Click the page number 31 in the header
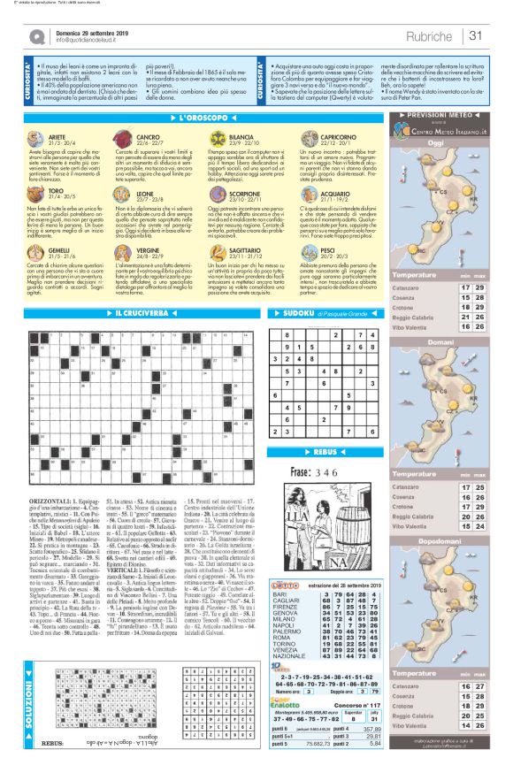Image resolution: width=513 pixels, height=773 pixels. click(476, 35)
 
